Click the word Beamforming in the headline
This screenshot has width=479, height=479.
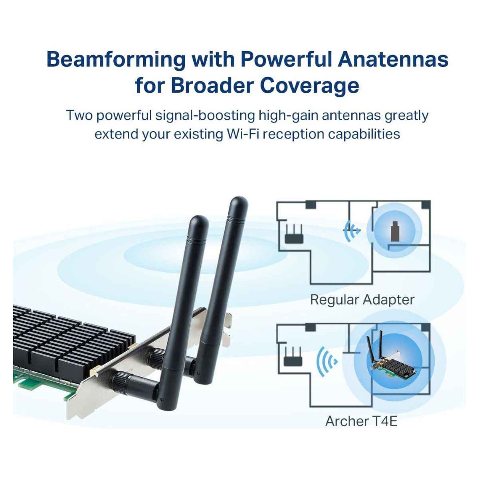click(x=116, y=60)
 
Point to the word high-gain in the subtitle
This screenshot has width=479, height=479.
click(x=288, y=116)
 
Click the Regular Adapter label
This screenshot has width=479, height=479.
click(x=362, y=299)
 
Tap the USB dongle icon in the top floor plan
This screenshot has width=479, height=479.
click(x=394, y=232)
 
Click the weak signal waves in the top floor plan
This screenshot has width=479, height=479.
click(x=351, y=231)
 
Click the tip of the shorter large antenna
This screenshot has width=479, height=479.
click(x=199, y=217)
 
